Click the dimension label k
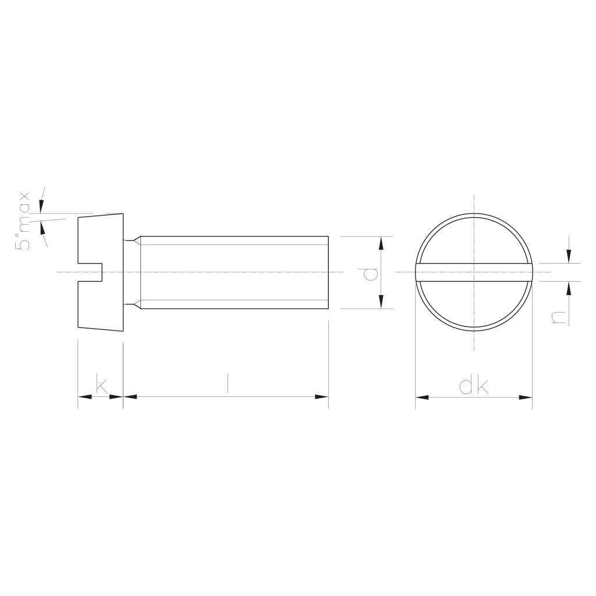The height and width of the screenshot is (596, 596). [101, 385]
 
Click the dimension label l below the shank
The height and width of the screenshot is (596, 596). [228, 383]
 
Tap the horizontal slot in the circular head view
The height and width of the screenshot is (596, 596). [474, 272]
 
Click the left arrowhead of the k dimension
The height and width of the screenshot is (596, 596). [85, 397]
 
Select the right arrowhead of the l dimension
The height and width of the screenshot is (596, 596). [322, 397]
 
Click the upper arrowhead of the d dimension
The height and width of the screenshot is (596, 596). [381, 243]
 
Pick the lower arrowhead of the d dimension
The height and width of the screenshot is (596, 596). [381, 301]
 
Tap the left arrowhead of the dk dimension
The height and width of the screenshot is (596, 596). [421, 398]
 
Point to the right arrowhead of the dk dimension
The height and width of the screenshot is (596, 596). [526, 398]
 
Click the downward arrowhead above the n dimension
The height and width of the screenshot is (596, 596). [569, 257]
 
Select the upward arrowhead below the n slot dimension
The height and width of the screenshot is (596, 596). [569, 288]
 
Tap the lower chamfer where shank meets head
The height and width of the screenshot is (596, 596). [137, 305]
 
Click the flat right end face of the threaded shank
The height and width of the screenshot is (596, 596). [328, 272]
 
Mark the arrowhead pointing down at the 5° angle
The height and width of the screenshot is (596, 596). [41, 205]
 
